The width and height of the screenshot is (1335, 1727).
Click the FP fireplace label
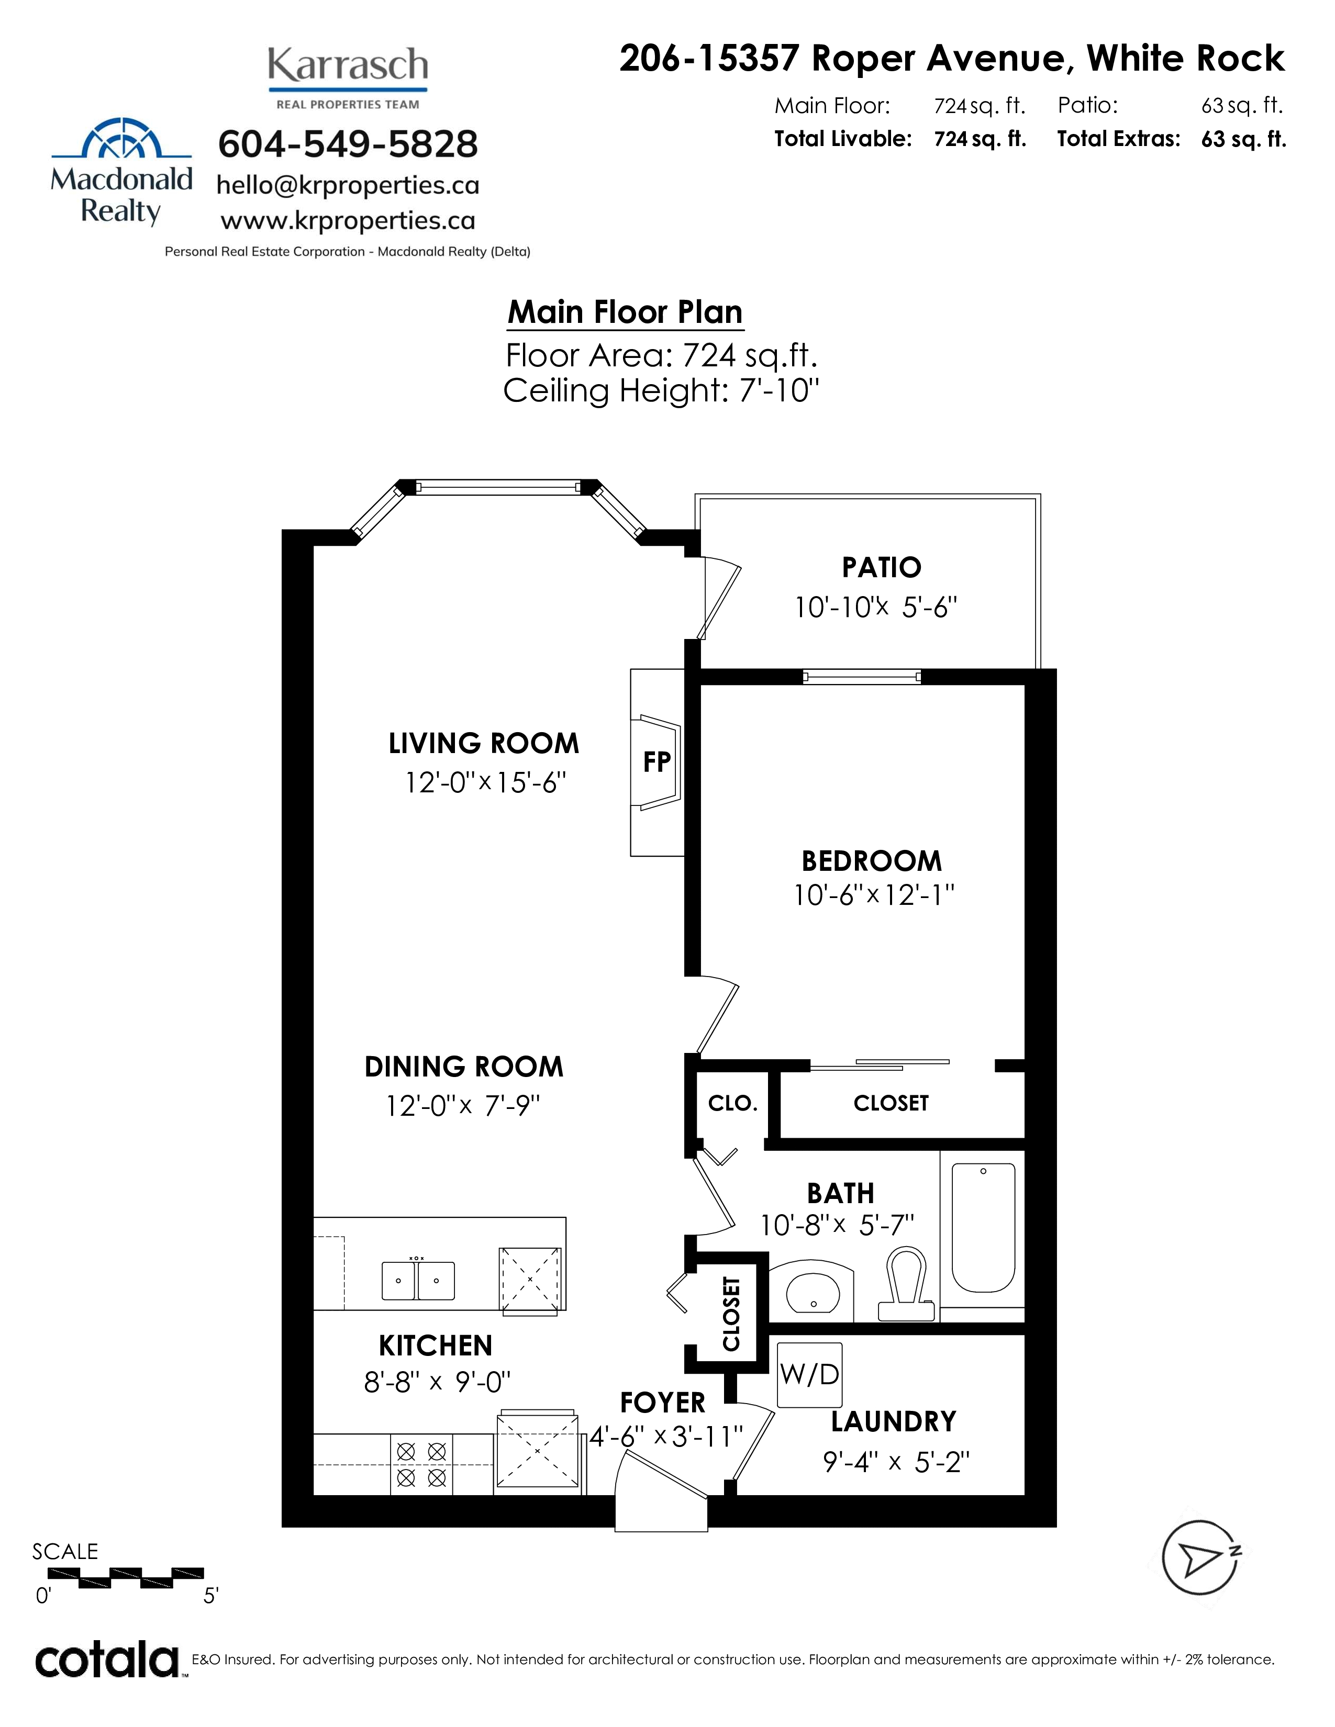click(657, 761)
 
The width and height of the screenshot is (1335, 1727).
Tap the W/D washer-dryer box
click(809, 1374)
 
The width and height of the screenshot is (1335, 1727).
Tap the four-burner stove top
click(421, 1464)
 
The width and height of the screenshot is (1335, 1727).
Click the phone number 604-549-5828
click(348, 144)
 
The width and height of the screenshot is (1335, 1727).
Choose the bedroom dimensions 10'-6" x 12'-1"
click(874, 894)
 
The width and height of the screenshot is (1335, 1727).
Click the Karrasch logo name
click(348, 65)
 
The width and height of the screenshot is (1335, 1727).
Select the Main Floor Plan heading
click(625, 312)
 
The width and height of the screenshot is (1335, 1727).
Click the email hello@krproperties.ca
click(348, 185)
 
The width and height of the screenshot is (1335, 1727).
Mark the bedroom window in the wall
click(862, 677)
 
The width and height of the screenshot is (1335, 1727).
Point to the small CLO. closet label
click(732, 1103)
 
